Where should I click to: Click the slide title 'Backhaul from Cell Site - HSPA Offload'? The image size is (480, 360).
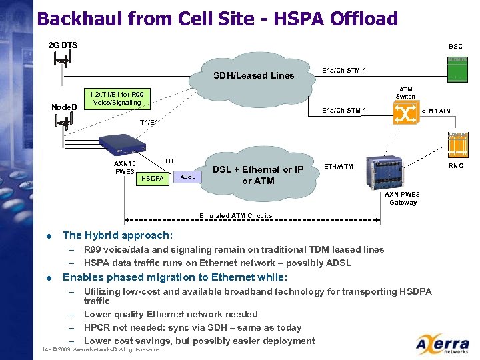coord(217,18)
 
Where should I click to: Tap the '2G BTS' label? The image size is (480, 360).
coord(63,45)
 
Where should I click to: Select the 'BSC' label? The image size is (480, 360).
coord(455,47)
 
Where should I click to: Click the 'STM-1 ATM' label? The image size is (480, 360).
coord(436,110)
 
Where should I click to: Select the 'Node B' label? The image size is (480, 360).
coord(65,107)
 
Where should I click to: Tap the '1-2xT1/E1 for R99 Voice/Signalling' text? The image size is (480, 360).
coord(112,98)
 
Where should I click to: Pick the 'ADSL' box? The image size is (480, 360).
coord(188,177)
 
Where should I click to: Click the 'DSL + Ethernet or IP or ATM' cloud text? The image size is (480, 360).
coord(258,175)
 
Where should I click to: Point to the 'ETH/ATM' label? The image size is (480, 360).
coord(339,166)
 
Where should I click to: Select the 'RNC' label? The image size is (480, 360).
coord(456,165)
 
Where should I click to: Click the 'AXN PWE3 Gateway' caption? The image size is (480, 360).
coord(403,198)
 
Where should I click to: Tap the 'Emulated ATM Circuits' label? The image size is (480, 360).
coord(235,215)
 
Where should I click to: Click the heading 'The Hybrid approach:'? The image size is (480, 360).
coord(117,235)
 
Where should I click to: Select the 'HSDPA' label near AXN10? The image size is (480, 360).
coord(152,178)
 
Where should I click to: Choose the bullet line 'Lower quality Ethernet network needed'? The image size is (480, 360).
coord(171,314)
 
